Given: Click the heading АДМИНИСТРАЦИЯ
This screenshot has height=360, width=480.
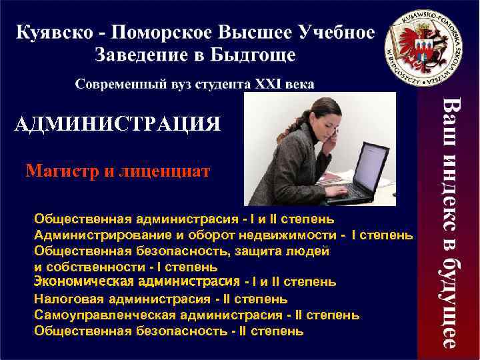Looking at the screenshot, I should click(x=117, y=123).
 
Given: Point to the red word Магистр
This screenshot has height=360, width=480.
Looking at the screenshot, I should click(x=61, y=172).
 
